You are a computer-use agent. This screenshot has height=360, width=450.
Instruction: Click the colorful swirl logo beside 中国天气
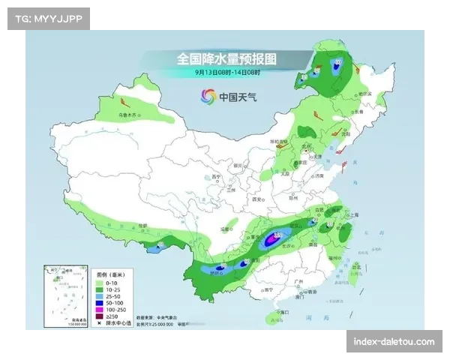(x=208, y=96)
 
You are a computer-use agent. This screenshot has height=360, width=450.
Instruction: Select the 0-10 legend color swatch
(x=100, y=283)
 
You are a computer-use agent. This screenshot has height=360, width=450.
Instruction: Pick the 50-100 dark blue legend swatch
(x=100, y=303)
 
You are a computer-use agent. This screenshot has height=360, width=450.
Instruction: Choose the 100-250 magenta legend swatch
(x=100, y=310)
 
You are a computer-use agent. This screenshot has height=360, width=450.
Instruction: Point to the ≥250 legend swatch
(x=100, y=316)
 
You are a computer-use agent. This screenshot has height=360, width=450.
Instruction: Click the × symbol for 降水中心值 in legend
(x=100, y=323)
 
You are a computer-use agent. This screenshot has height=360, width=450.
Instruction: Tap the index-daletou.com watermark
(x=393, y=342)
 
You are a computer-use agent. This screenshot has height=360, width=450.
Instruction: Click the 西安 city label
(x=259, y=200)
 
